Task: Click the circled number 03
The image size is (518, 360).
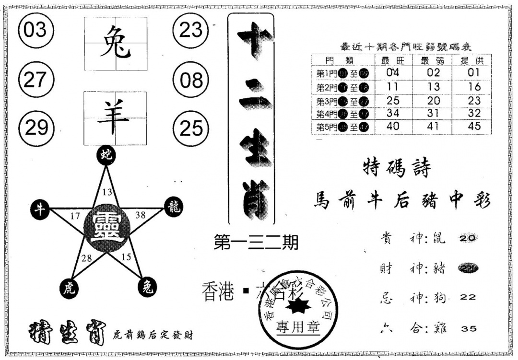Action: click(35, 31)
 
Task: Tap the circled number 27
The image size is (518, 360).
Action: click(35, 80)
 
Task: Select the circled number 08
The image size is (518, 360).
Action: click(191, 80)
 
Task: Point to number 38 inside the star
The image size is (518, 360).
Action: click(141, 215)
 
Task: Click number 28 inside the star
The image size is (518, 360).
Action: click(86, 258)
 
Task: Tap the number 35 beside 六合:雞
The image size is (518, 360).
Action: click(468, 328)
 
